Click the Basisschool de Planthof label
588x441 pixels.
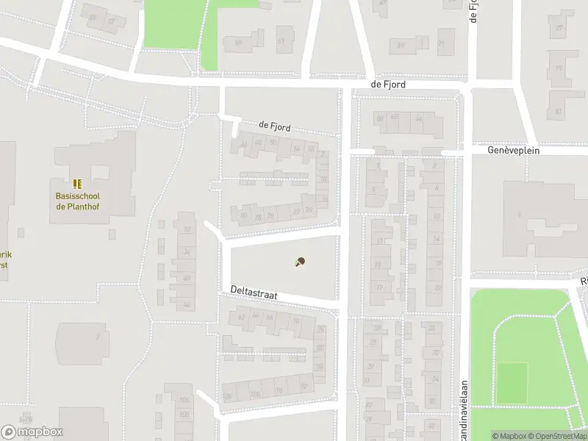77,201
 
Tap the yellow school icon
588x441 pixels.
77,184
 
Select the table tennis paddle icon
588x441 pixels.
299,262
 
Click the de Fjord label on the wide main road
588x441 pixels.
388,85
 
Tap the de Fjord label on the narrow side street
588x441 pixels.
275,126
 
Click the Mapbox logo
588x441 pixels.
32,432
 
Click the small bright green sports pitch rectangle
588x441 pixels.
512,382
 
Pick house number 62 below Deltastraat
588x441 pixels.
242,317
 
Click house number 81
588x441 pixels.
559,112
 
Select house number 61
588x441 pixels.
281,40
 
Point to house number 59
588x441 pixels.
238,43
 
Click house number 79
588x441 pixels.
559,69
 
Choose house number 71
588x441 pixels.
442,43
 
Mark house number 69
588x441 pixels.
401,46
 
